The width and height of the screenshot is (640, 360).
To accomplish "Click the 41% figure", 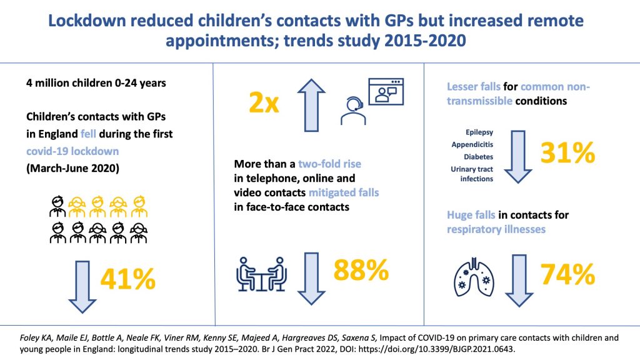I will tap(127, 279).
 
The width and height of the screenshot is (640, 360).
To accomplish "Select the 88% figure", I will tap(361, 271).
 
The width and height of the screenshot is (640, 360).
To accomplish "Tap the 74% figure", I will tap(567, 274).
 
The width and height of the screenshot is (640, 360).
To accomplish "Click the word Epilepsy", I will tap(480, 132).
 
